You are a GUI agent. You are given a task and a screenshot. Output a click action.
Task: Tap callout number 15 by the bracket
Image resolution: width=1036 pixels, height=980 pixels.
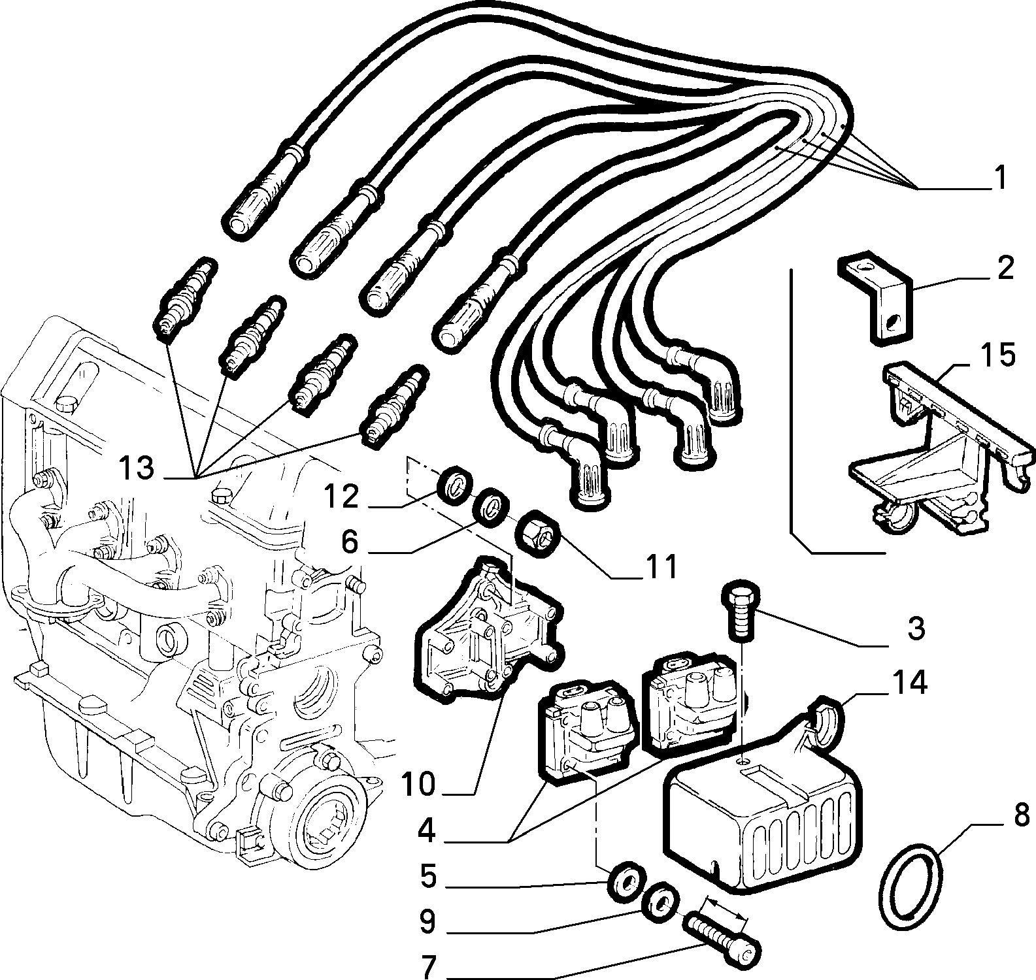point(997,355)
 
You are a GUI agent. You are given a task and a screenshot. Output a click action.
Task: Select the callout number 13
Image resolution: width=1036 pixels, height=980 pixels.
point(136,468)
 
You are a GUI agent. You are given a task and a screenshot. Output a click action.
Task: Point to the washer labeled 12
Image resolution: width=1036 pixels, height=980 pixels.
point(456,485)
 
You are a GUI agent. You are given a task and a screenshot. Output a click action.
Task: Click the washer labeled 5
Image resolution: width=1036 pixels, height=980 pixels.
point(626,879)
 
